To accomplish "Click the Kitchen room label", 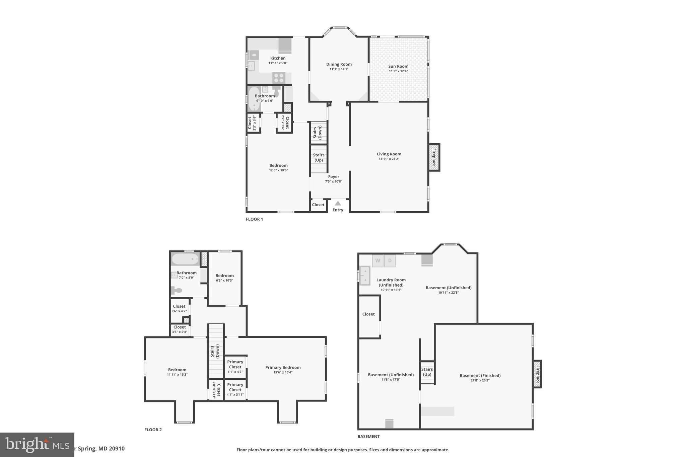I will (x=278, y=58).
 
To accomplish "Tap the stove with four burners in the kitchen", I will (x=279, y=78).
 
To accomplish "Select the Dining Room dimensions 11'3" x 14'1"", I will (x=339, y=69).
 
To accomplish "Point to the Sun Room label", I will (x=398, y=66).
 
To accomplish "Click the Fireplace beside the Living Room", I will (x=434, y=157).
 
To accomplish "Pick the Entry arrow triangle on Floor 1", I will (x=338, y=203).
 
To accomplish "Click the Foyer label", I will (x=334, y=177).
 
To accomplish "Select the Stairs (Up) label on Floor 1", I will (x=319, y=157).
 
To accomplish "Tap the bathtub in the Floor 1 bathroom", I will (x=254, y=99).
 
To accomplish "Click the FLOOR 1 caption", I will (x=255, y=219).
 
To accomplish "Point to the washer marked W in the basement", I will (x=378, y=261).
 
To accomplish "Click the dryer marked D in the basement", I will (x=390, y=261).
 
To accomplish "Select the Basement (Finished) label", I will (x=480, y=376).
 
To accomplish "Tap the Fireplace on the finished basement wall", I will (x=537, y=374).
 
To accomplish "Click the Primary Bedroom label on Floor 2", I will (x=283, y=368).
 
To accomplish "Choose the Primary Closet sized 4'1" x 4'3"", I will (x=235, y=366).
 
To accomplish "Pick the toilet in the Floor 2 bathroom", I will (x=176, y=290).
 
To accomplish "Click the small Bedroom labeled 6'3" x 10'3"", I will (x=224, y=278).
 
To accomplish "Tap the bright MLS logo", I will (x=37, y=445).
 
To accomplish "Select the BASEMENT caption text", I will (x=368, y=437).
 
